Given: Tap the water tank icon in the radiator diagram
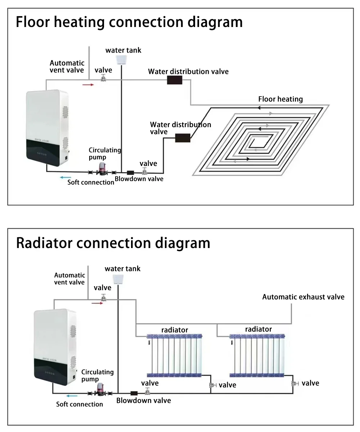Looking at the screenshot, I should pos(118,278).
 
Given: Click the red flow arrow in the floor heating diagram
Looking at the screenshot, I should pos(88,85).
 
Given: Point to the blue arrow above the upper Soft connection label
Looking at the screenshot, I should pos(65,177).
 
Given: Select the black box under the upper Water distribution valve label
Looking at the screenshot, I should pos(175,80).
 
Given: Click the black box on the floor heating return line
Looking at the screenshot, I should pos(183,138).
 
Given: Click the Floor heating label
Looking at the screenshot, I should pos(280,99).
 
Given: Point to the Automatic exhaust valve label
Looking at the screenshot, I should pos(303,297).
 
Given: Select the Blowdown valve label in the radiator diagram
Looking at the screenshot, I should pos(143,400).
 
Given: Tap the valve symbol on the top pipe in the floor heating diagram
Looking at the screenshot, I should pos(103,78).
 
